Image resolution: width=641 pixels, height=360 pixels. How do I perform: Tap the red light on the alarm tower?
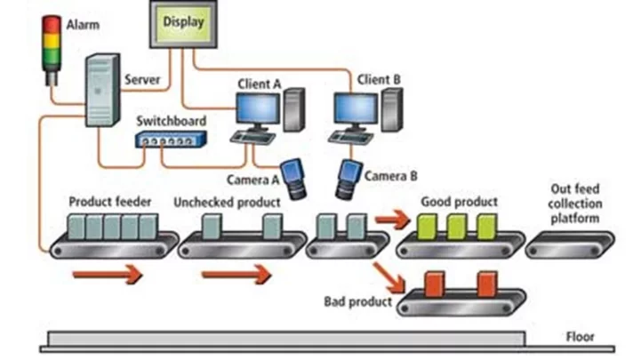(x=51, y=20)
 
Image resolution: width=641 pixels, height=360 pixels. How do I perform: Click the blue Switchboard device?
(x=171, y=139)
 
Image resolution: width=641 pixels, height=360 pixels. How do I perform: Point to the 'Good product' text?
(x=459, y=202)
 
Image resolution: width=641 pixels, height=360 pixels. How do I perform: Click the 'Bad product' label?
(x=357, y=302)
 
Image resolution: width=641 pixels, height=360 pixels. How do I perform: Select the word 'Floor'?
(x=581, y=337)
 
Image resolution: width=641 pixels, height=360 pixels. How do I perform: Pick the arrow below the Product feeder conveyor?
(x=107, y=276)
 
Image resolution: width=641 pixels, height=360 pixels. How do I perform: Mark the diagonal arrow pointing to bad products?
(x=387, y=270)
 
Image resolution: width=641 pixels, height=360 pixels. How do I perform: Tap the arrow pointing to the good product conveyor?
(x=389, y=216)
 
